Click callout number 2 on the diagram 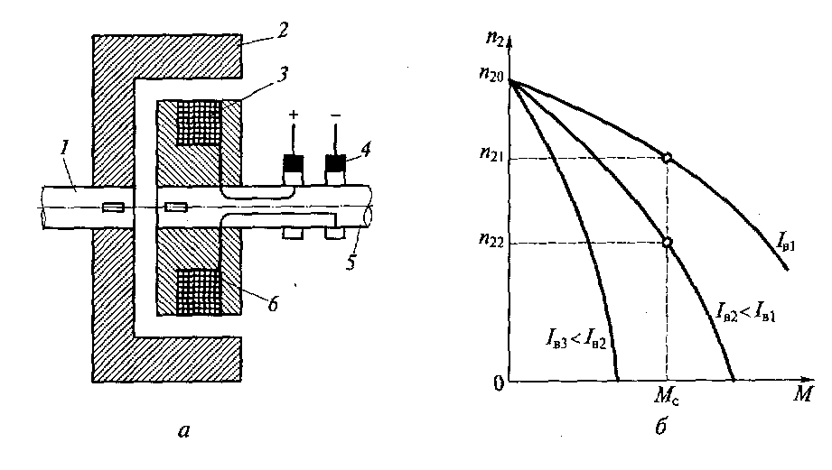[282, 30]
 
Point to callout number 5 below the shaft [351, 262]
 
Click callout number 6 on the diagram [273, 304]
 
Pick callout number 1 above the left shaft [65, 147]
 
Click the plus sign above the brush [293, 115]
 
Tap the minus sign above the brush [335, 114]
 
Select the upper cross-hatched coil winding [199, 123]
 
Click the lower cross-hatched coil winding [199, 291]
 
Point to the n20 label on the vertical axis [491, 74]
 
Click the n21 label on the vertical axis [491, 153]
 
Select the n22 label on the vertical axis [491, 239]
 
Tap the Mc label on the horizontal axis [667, 395]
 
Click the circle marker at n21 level [667, 157]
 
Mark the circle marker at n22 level [667, 242]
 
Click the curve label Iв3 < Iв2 [575, 338]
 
